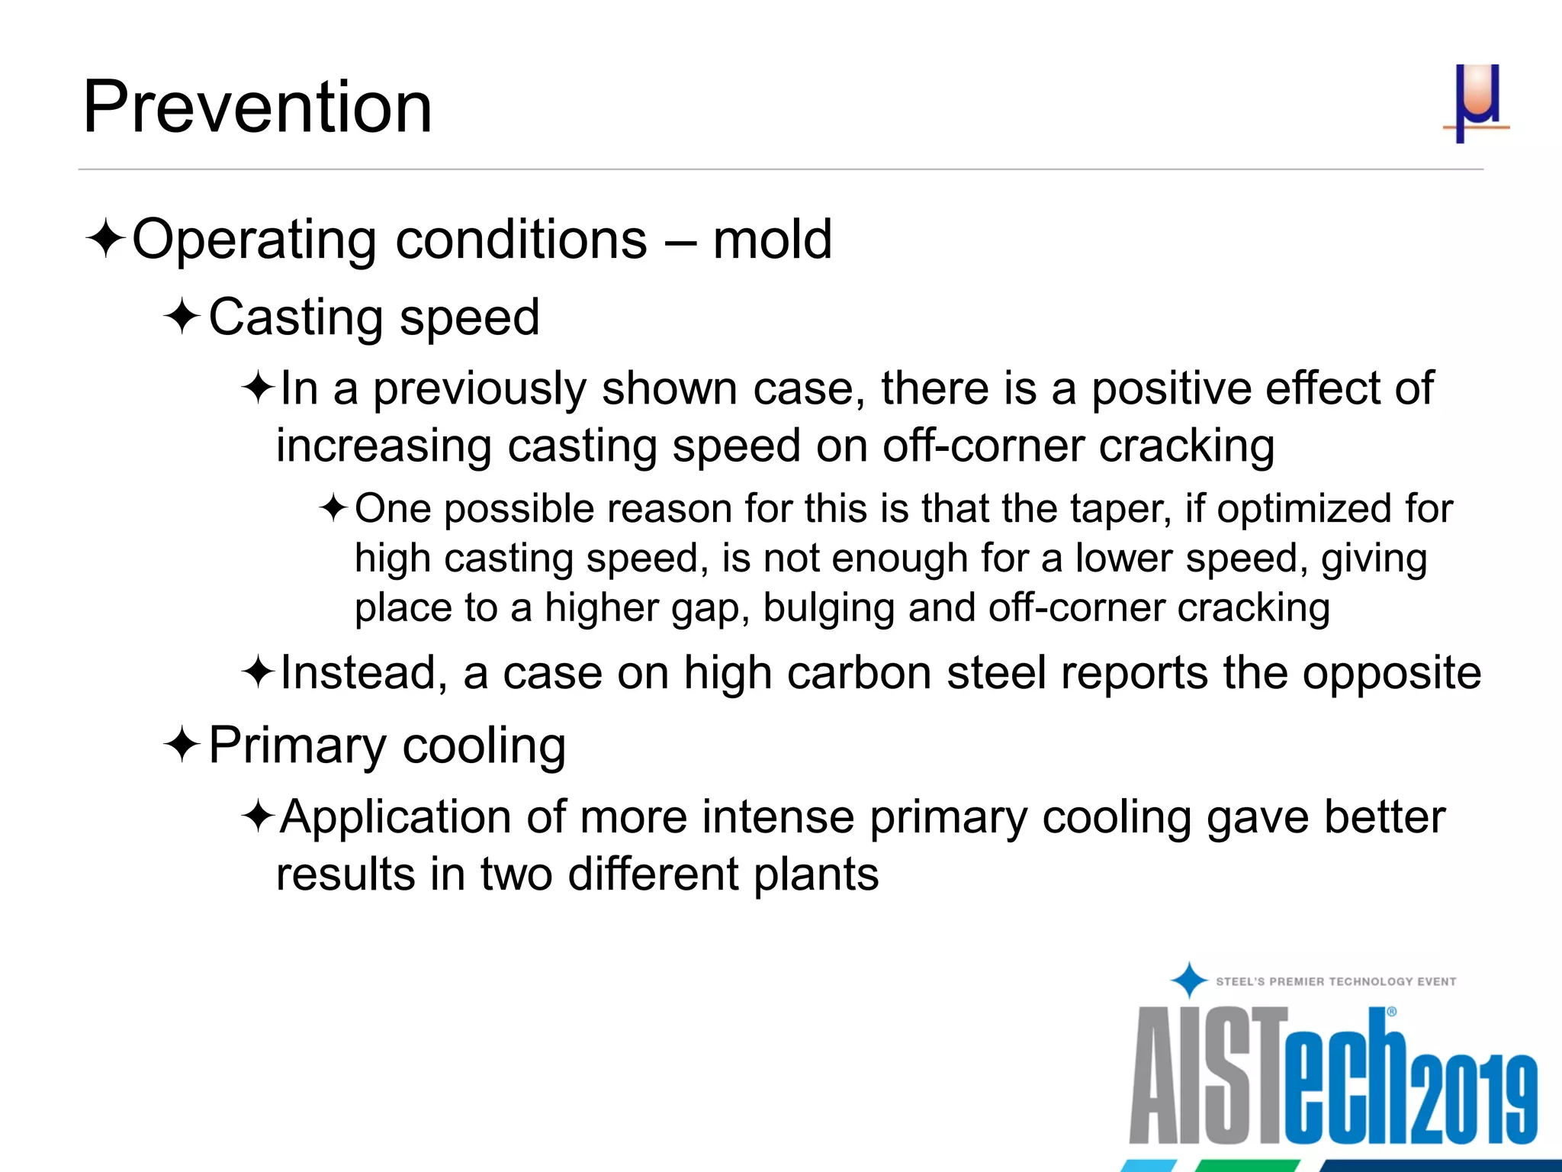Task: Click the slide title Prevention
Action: pyautogui.click(x=257, y=107)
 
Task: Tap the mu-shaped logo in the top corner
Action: pyautogui.click(x=1477, y=103)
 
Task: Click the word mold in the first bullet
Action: pyautogui.click(x=772, y=240)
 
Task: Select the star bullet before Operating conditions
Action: pyautogui.click(x=105, y=240)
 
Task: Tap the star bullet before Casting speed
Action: pyautogui.click(x=182, y=317)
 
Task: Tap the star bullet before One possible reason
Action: pyautogui.click(x=334, y=508)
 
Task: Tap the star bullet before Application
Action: pyautogui.click(x=258, y=817)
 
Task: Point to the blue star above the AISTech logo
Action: pyautogui.click(x=1188, y=980)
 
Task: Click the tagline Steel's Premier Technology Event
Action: pyautogui.click(x=1335, y=982)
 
